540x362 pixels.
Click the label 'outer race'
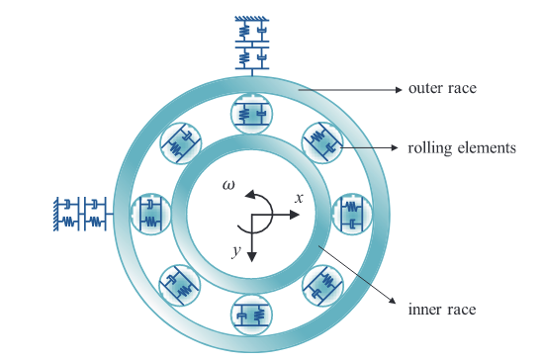click(x=442, y=88)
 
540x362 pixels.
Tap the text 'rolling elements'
click(x=462, y=147)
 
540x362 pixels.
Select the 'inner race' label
click(x=442, y=309)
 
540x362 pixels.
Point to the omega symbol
click(x=228, y=185)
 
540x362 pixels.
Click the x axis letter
click(x=300, y=198)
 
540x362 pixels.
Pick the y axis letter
click(x=236, y=251)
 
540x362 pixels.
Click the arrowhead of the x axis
click(x=295, y=215)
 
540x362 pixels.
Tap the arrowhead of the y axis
click(x=252, y=256)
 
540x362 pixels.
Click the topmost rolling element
click(x=252, y=114)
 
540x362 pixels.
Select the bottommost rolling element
click(x=252, y=315)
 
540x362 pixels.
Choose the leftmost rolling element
click(x=151, y=215)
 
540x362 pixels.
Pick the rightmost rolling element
click(x=352, y=215)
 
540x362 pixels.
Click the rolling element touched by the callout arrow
click(x=322, y=142)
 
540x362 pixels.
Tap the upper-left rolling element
click(x=181, y=143)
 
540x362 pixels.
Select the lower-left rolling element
click(x=180, y=285)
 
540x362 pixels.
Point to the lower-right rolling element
click(x=322, y=285)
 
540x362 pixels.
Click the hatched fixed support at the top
click(x=252, y=19)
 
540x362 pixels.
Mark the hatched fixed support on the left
click(x=55, y=214)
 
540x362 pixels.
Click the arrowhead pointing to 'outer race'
click(x=399, y=90)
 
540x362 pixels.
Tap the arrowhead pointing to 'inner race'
click(x=393, y=301)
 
